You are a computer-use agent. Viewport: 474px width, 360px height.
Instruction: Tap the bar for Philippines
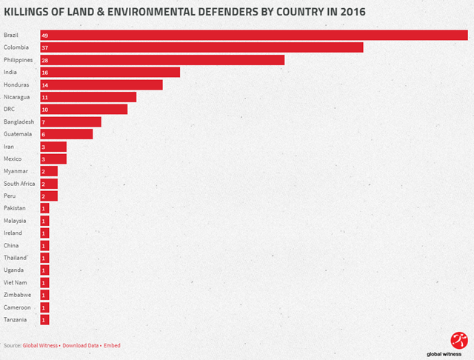[x=162, y=60]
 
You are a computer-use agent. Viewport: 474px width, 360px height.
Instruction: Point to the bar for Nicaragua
[x=88, y=97]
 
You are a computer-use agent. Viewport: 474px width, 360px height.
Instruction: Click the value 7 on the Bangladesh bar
[x=44, y=122]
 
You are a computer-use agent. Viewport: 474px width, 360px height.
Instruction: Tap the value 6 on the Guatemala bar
[x=44, y=134]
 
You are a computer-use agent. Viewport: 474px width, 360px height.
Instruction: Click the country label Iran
[x=10, y=147]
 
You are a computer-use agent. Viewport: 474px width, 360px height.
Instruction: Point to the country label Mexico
[x=13, y=159]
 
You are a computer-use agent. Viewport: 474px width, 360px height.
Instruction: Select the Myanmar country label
[x=16, y=171]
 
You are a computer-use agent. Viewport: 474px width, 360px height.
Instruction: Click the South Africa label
[x=19, y=184]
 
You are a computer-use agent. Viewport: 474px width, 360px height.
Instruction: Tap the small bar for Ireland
[x=44, y=233]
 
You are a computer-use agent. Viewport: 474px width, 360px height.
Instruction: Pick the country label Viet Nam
[x=16, y=282]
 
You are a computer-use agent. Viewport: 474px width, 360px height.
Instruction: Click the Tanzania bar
[x=44, y=320]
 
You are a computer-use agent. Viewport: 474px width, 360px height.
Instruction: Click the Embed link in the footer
[x=112, y=345]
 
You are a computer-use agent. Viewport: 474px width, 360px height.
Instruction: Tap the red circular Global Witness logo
[x=459, y=339]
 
